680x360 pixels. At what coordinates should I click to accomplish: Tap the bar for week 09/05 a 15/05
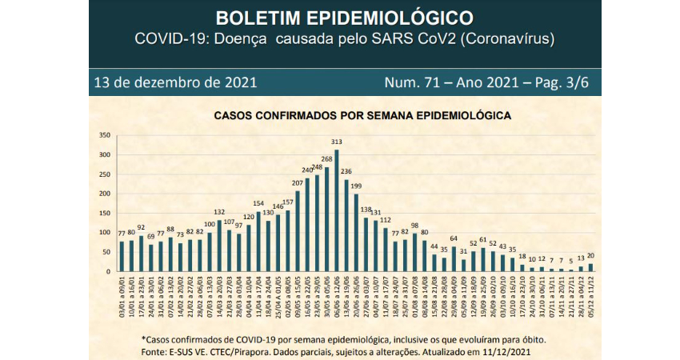point(298,231)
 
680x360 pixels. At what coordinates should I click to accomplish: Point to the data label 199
point(357,186)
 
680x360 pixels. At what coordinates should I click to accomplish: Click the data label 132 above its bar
point(219,212)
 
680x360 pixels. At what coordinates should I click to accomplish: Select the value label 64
point(454,238)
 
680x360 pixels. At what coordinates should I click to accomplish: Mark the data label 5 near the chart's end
point(571,261)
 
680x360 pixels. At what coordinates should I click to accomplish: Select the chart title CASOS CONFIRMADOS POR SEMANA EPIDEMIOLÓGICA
point(362,115)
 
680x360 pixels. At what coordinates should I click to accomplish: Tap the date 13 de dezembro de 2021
point(174,82)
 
